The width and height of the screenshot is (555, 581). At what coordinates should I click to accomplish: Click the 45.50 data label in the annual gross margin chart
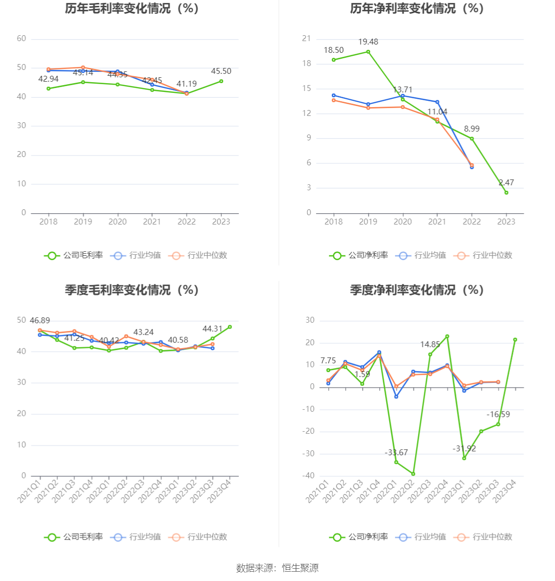tap(221, 71)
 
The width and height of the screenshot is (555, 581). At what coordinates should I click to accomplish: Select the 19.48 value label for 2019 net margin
tap(368, 42)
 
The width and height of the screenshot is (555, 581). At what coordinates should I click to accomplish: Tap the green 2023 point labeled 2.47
tap(507, 193)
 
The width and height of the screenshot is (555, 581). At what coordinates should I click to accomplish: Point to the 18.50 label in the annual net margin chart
tap(334, 50)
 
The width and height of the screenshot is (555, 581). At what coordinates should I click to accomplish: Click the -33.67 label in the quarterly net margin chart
tap(396, 453)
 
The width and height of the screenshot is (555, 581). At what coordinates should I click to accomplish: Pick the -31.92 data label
tap(464, 449)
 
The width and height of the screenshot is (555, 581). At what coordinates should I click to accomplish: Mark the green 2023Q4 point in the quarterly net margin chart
tap(515, 340)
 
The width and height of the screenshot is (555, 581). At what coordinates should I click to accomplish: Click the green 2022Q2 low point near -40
tap(413, 474)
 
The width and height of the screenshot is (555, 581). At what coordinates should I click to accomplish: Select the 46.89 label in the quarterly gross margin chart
tap(40, 321)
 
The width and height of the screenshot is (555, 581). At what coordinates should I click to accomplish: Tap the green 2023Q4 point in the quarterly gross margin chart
tap(230, 327)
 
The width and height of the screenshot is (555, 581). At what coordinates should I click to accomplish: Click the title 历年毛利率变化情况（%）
tap(132, 9)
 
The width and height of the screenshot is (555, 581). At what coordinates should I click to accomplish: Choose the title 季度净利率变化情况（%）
tap(416, 290)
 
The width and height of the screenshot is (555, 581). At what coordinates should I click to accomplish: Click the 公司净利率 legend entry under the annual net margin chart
tap(359, 255)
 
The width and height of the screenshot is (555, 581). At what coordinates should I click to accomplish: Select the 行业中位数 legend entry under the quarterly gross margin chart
tap(198, 537)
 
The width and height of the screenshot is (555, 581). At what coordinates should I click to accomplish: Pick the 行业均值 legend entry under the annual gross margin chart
tap(136, 255)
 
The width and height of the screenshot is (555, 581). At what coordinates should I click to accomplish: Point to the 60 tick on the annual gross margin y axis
tap(22, 39)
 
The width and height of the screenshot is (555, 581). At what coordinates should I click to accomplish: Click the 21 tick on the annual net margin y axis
tap(306, 39)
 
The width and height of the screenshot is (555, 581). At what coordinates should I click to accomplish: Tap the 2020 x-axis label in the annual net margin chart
tap(403, 222)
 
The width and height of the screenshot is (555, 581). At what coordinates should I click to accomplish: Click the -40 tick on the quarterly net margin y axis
tap(309, 476)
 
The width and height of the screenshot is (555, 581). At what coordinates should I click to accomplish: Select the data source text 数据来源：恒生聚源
tap(277, 568)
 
